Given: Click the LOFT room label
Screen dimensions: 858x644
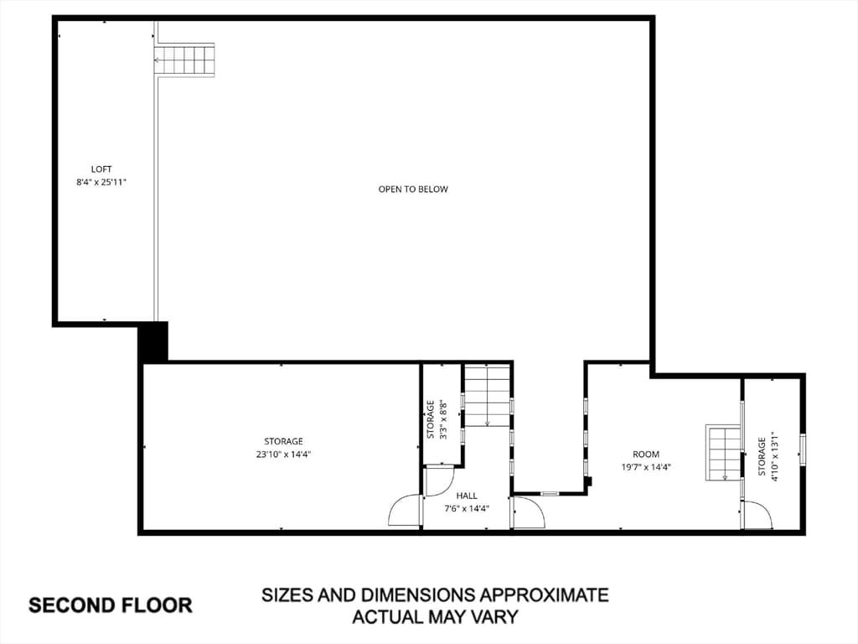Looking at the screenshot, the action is [x=101, y=169].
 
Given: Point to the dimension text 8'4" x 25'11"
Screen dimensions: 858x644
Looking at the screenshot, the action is [x=101, y=182].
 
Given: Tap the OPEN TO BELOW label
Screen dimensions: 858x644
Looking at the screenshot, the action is [x=413, y=190].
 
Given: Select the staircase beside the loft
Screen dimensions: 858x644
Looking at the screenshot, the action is [x=183, y=60].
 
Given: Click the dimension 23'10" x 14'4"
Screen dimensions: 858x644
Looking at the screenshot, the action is [x=283, y=454].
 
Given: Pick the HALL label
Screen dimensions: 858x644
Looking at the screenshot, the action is [x=467, y=496].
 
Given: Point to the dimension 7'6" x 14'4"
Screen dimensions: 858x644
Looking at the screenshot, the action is [x=467, y=509].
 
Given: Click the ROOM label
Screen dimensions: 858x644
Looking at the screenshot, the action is [x=646, y=454].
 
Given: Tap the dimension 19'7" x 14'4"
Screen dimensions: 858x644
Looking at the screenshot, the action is [x=646, y=468].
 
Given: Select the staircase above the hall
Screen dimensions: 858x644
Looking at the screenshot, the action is [x=488, y=396].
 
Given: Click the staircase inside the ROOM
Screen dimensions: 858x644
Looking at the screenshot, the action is [x=723, y=452].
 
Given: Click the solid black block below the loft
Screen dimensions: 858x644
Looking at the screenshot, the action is [x=152, y=343].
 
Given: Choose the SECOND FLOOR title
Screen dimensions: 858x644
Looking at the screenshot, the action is [x=111, y=605].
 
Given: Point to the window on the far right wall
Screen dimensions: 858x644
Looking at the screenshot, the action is [x=803, y=449].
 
